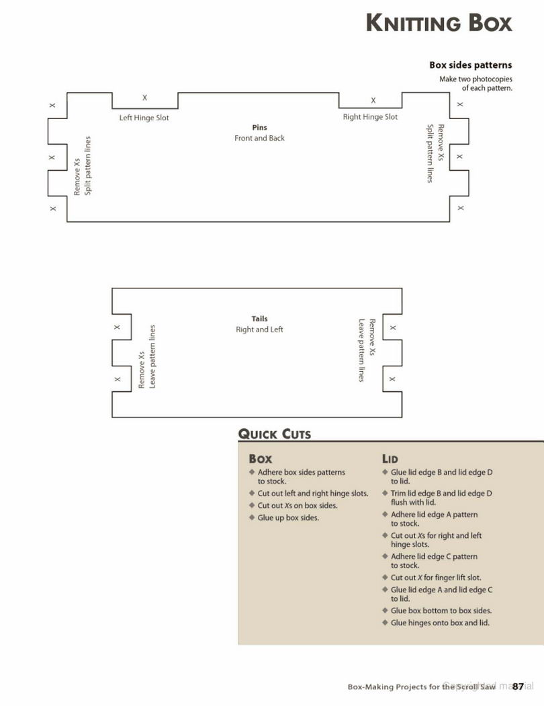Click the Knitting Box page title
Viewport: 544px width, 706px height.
[439, 23]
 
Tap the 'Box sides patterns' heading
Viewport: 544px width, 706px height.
[470, 65]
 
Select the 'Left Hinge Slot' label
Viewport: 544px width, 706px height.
[144, 118]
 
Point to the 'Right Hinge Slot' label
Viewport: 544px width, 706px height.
[370, 116]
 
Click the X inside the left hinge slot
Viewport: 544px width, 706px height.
[145, 97]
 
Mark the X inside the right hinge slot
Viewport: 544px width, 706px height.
[373, 100]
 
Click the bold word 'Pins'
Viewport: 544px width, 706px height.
[259, 128]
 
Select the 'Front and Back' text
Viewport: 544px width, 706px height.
[259, 138]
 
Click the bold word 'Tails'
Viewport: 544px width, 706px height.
[259, 318]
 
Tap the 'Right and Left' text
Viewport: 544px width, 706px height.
[259, 329]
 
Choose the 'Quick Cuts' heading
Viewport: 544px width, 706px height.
[274, 434]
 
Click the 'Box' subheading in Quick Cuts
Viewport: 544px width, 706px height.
[261, 459]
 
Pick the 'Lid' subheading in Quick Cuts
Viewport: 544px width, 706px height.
[390, 459]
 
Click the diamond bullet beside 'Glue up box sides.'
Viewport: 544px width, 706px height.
[252, 517]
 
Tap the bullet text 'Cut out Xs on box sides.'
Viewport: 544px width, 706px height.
[297, 506]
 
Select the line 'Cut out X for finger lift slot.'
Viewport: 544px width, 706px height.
[436, 577]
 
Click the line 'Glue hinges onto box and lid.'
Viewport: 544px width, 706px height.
[440, 623]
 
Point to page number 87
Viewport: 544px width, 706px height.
[518, 687]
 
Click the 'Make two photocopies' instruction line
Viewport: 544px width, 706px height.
[475, 79]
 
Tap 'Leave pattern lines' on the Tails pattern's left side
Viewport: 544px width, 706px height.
[152, 356]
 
